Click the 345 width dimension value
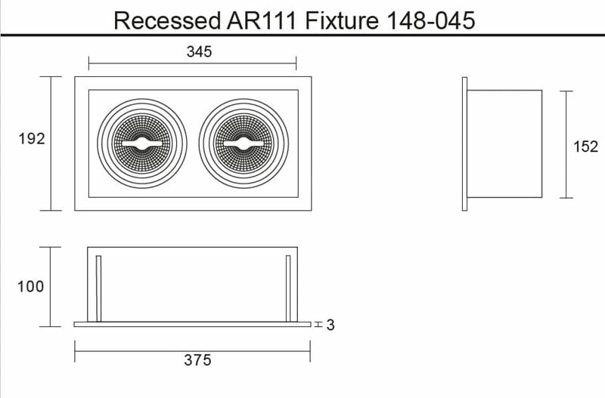[198, 52]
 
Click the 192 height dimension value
[32, 139]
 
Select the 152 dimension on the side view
[585, 147]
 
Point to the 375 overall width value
[197, 360]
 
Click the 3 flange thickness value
[330, 325]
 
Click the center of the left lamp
[141, 143]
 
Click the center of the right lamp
[244, 143]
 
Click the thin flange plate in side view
[465, 143]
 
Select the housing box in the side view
[505, 143]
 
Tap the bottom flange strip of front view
[193, 325]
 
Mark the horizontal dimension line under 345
[192, 63]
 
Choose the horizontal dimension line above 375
[193, 349]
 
